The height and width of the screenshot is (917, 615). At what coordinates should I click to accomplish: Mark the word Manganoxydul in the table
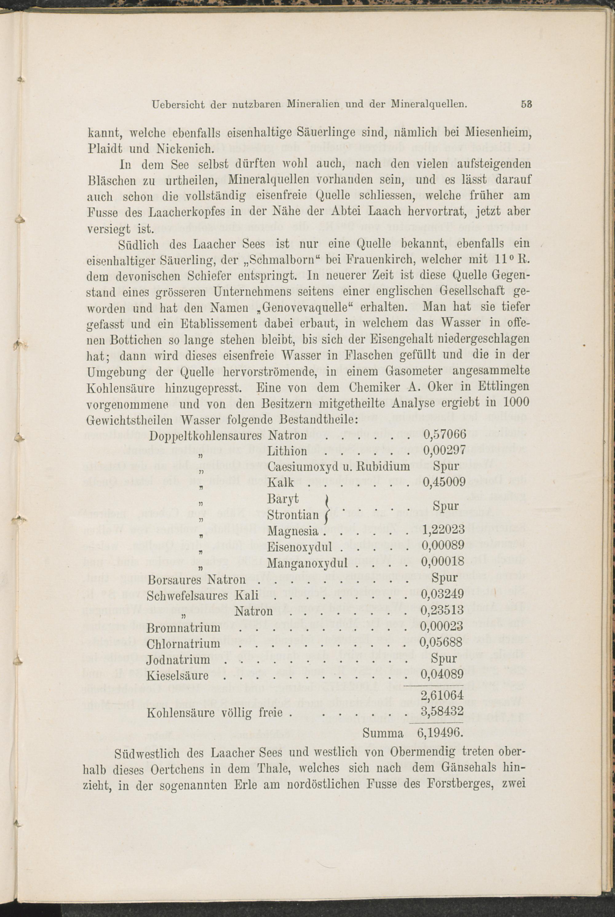coord(307,563)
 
